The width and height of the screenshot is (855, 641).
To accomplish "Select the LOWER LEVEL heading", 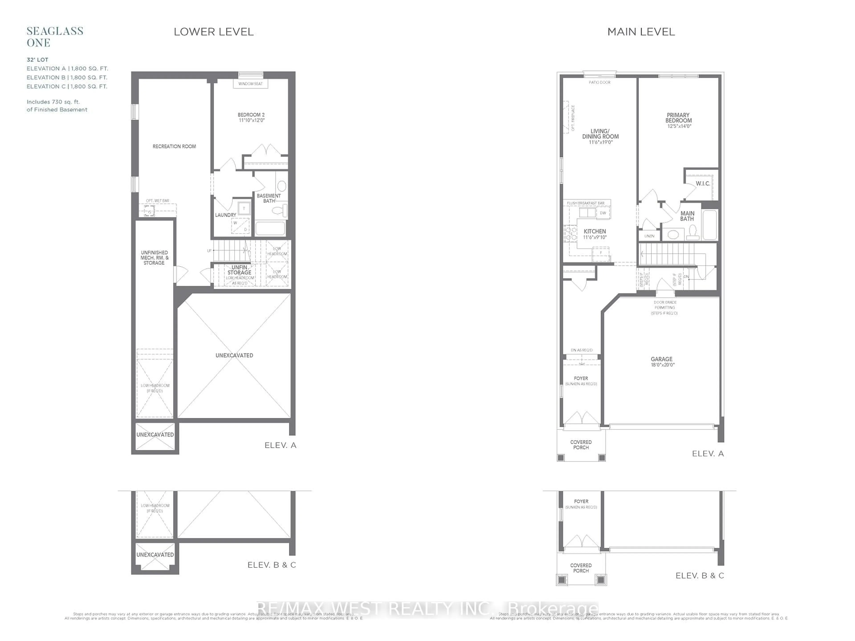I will tap(213, 32).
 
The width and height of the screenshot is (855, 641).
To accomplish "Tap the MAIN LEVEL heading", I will tap(641, 32).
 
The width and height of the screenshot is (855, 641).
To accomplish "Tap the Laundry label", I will tap(225, 215).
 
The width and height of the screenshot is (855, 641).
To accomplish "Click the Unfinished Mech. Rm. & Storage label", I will tap(154, 258).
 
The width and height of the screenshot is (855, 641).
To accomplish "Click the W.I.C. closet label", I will tap(703, 184).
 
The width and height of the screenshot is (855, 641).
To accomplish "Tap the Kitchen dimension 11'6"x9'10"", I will tap(595, 237).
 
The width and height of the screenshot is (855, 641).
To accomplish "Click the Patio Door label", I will tap(600, 82).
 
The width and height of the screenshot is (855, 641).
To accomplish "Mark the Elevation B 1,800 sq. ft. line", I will tap(67, 77).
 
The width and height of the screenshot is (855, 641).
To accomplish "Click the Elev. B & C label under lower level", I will tap(271, 565).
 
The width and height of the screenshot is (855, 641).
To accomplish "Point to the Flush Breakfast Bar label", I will tap(586, 203).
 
